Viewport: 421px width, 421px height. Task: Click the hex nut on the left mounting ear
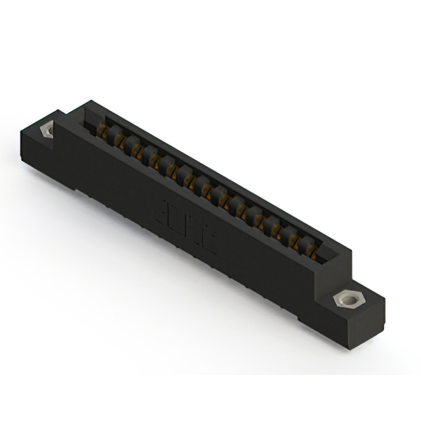point(47,130)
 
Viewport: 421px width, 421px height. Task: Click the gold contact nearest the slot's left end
point(103,130)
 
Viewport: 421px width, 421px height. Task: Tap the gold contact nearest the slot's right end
point(309,245)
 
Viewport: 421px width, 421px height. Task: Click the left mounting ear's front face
point(39,155)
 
